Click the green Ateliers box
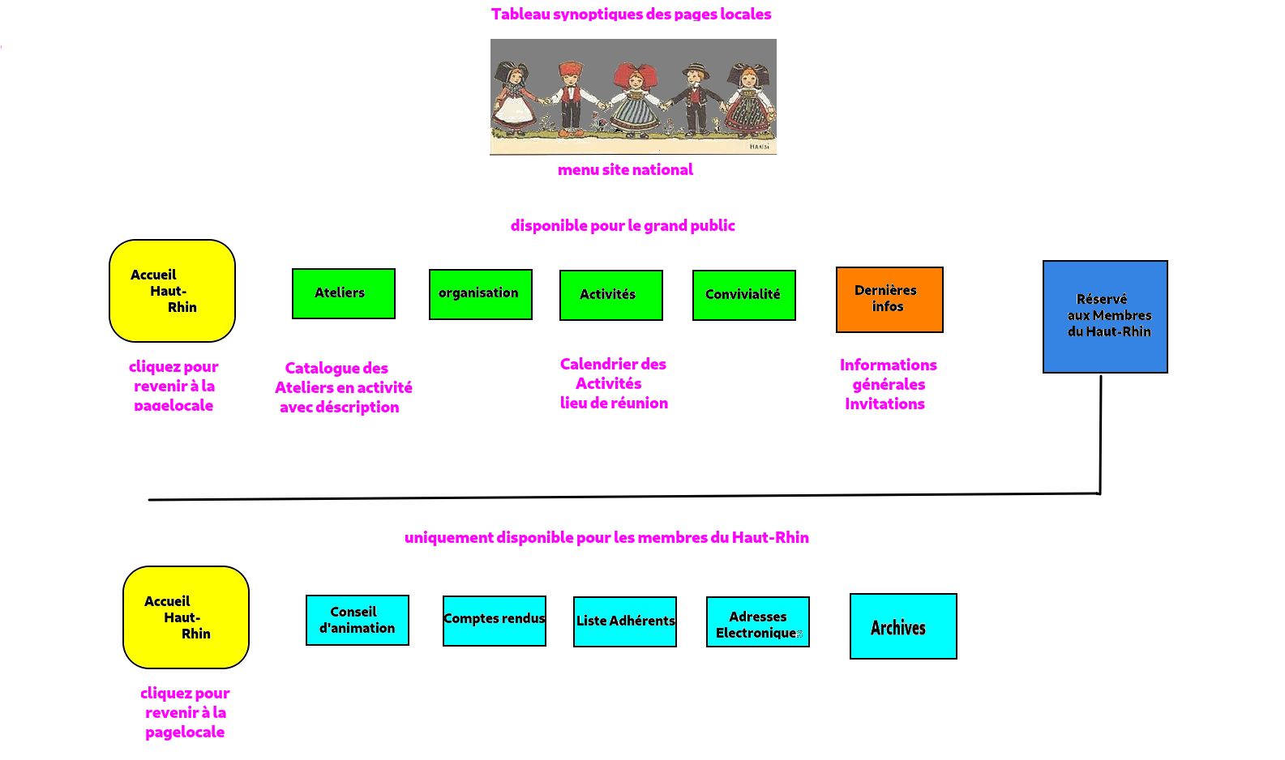[343, 293]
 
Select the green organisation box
[480, 294]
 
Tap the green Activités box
[610, 295]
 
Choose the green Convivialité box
[743, 295]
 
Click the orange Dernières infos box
[889, 299]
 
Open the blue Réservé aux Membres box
[1105, 316]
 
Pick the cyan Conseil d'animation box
[357, 620]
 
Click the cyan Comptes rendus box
[494, 621]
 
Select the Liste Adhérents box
[624, 621]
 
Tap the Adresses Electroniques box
[757, 621]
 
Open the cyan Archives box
[903, 626]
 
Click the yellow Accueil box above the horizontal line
[172, 291]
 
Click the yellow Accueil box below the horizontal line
[186, 617]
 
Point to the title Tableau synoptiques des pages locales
[631, 14]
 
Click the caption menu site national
[625, 169]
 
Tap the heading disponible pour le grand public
[623, 225]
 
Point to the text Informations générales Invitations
[888, 384]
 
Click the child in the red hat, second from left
[571, 96]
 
